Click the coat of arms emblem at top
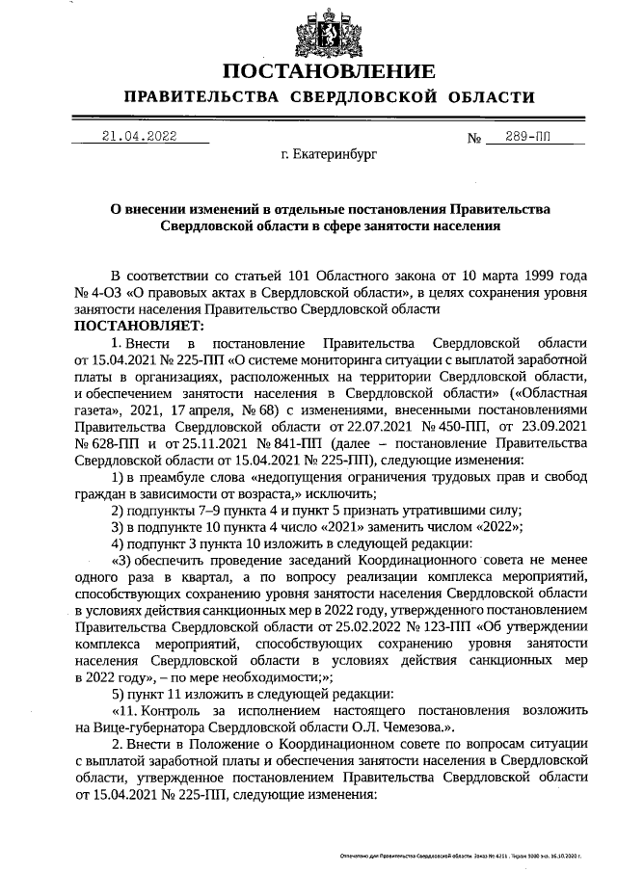tap(329, 31)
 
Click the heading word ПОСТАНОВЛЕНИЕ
tap(329, 72)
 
